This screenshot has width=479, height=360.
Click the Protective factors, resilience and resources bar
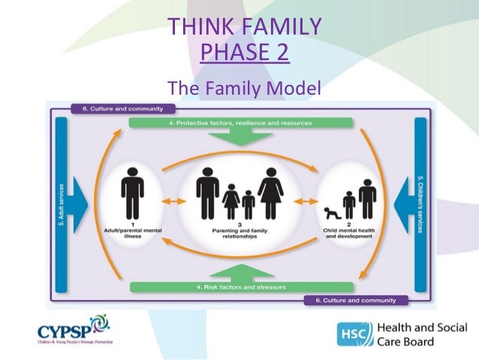click(242, 123)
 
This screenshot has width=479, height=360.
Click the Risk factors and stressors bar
click(242, 286)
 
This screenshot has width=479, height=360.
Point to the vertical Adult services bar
click(61, 203)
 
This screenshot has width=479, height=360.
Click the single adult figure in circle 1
click(133, 192)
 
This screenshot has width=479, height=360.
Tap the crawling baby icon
click(331, 212)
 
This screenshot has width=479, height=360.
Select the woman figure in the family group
click(271, 192)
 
